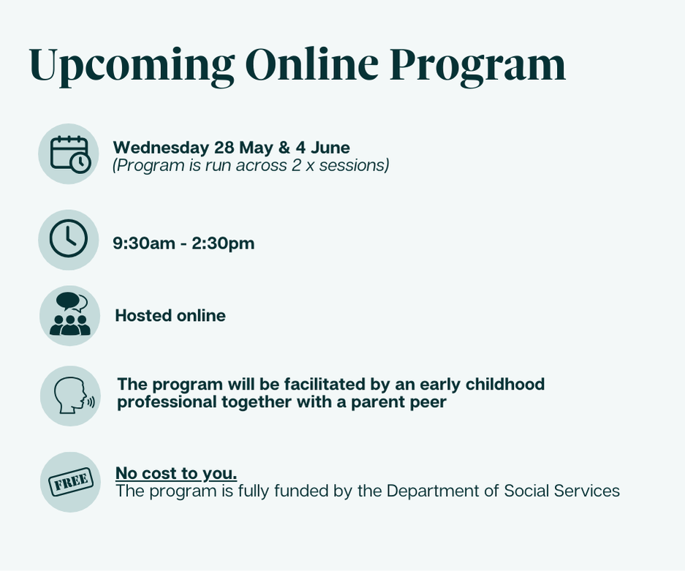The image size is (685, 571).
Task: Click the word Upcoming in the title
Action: pos(132,66)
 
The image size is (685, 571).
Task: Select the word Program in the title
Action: pos(477,67)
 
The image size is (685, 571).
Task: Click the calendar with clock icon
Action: pos(70,154)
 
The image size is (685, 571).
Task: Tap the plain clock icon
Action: pos(69,238)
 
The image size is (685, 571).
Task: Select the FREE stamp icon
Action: pos(71,482)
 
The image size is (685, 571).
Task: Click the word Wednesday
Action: pos(161,148)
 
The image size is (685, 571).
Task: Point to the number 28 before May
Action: pos(224,148)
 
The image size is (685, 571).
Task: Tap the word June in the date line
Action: pos(330,148)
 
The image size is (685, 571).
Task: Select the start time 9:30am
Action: pos(144,243)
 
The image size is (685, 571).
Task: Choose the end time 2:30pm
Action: pos(223,243)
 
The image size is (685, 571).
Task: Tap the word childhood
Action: pos(504,385)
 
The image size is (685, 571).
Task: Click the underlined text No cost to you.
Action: pos(176,474)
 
